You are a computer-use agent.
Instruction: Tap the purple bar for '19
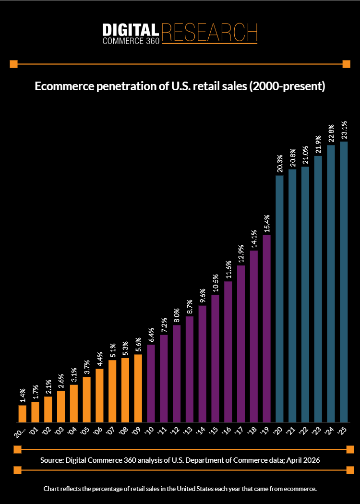click(267, 328)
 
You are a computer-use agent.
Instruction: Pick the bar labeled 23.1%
click(344, 282)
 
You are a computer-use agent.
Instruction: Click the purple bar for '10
click(151, 383)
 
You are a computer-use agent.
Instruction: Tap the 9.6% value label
click(202, 296)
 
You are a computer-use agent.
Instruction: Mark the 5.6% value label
click(138, 345)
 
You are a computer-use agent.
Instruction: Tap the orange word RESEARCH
click(210, 32)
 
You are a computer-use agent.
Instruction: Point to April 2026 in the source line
click(302, 460)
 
